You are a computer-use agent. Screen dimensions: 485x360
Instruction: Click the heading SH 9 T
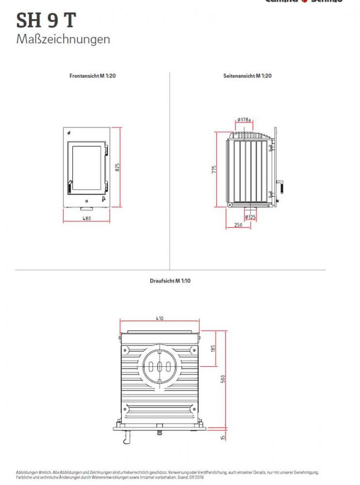coord(46,20)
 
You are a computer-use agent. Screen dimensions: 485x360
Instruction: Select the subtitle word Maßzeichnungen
coord(63,39)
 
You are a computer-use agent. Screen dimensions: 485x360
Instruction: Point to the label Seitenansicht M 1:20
coord(247,76)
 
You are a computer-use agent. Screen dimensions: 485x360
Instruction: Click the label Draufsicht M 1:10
coord(170,281)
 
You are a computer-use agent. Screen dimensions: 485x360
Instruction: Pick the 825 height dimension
coord(117,167)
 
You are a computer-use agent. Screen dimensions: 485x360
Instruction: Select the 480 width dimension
coord(86,218)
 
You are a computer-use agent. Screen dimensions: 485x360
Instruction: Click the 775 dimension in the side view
coord(214,170)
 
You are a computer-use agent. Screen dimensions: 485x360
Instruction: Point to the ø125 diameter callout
coord(250,217)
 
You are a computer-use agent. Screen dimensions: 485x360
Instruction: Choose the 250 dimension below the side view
coord(238,225)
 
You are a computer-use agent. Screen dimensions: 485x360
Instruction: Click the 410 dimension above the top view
coord(160,319)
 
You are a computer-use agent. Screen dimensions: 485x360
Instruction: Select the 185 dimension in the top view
coord(213,348)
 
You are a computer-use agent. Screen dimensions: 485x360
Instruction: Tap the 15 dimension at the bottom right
coord(223,437)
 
